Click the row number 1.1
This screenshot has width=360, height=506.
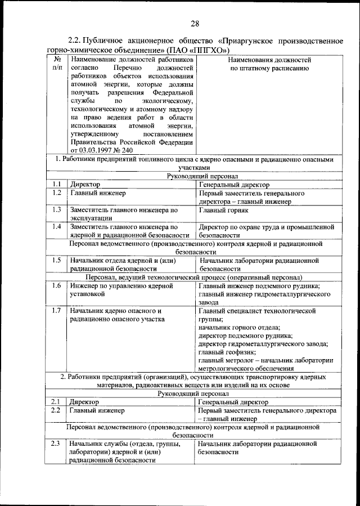[56, 185]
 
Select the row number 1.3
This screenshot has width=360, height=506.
[56, 210]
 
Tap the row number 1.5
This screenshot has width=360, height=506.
[56, 261]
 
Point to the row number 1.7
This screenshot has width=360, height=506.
[56, 311]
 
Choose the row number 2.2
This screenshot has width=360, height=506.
[55, 410]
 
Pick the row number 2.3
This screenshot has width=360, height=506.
[55, 444]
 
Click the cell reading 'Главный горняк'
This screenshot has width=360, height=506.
[223, 210]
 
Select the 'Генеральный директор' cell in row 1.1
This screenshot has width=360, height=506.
[234, 185]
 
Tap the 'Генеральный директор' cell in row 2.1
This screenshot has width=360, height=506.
[234, 402]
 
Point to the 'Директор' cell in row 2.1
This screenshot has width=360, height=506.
[84, 402]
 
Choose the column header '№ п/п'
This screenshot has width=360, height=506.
[57, 63]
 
